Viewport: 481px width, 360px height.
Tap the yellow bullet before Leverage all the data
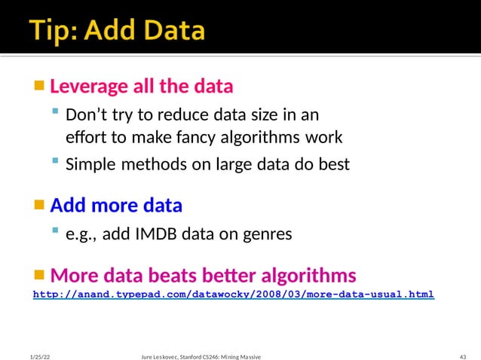39,84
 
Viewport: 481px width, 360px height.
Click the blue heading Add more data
116,206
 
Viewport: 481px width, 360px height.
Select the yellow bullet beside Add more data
39,204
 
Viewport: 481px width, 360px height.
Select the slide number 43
463,355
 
